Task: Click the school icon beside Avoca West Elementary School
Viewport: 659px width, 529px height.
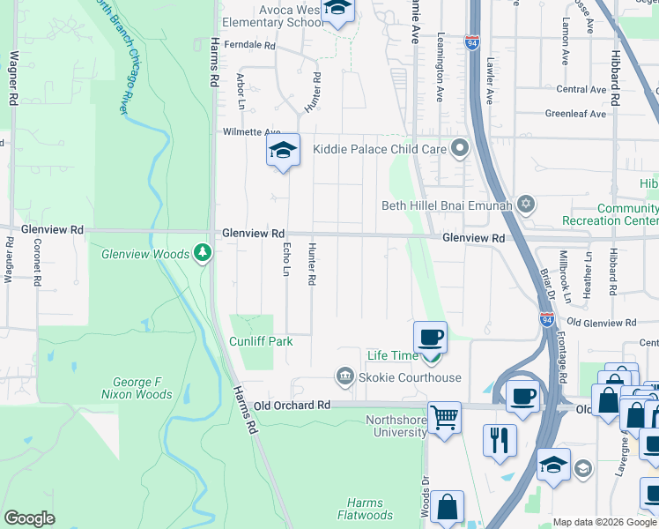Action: (x=337, y=11)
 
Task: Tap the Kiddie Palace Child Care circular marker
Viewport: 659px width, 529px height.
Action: (x=458, y=149)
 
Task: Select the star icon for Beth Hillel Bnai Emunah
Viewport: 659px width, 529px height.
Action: (x=526, y=205)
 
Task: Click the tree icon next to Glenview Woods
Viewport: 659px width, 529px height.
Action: (x=204, y=254)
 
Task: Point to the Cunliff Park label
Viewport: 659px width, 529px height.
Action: (x=260, y=341)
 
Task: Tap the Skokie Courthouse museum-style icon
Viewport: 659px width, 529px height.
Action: (x=344, y=377)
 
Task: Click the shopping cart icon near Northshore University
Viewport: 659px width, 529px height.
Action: (x=444, y=417)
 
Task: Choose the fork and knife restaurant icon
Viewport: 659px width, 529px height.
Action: (x=500, y=438)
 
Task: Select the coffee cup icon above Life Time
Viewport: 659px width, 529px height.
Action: (x=430, y=337)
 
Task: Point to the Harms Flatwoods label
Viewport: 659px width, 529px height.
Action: (x=365, y=509)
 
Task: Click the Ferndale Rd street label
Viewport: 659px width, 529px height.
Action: (x=249, y=44)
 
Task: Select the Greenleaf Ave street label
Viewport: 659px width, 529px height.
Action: (x=575, y=114)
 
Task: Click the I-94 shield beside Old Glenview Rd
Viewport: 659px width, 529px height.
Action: (x=547, y=319)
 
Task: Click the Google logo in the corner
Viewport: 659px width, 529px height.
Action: (x=29, y=518)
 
